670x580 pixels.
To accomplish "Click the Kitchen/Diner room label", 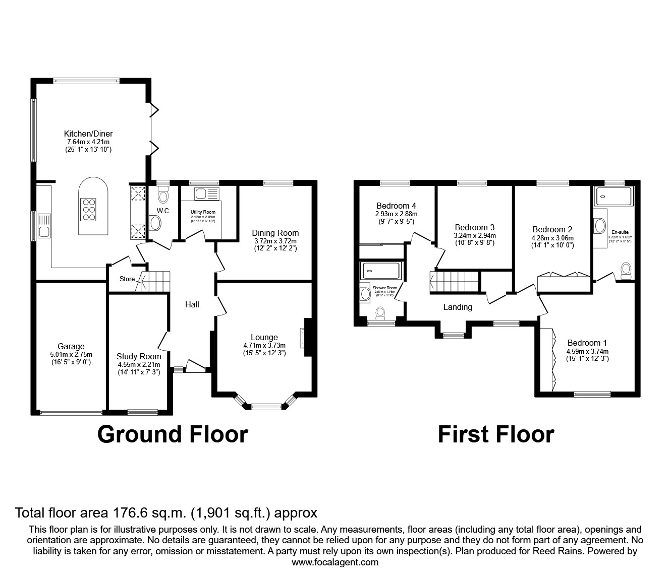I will [88, 134].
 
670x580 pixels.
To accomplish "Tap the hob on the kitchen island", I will [88, 209].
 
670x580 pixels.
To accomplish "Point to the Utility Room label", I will [203, 212].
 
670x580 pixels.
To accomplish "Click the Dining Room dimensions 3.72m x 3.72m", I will [275, 241].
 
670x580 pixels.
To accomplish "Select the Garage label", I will [71, 346].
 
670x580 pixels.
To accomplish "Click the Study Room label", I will [139, 356].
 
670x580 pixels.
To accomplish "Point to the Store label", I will [127, 279].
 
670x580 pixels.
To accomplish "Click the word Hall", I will [192, 304].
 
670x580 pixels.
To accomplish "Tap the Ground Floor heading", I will [173, 434].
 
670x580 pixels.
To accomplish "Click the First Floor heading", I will [496, 434].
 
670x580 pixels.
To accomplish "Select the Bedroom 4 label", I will [396, 206].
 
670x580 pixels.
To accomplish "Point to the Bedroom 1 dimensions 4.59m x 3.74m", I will [587, 351].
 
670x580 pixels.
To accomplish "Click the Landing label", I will [458, 307].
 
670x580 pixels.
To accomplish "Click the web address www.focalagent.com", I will [335, 562].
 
